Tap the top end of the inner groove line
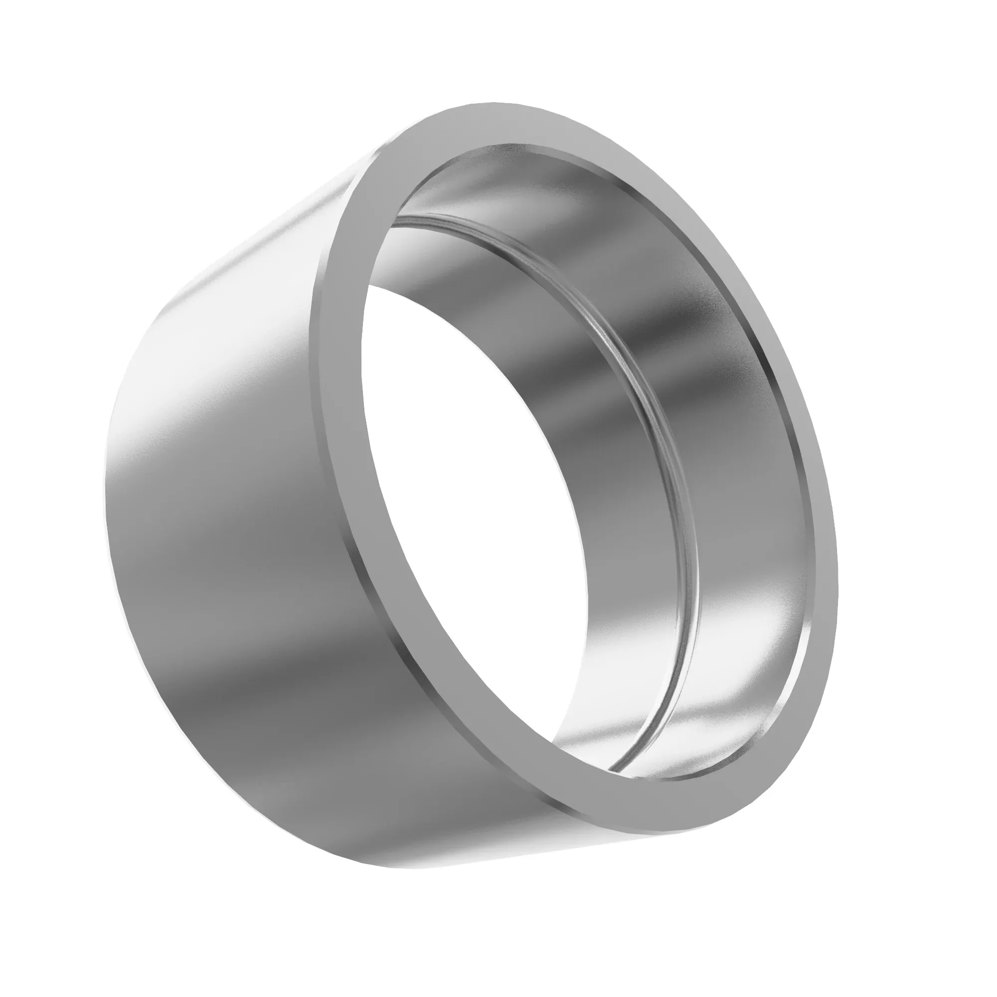(x=413, y=214)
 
